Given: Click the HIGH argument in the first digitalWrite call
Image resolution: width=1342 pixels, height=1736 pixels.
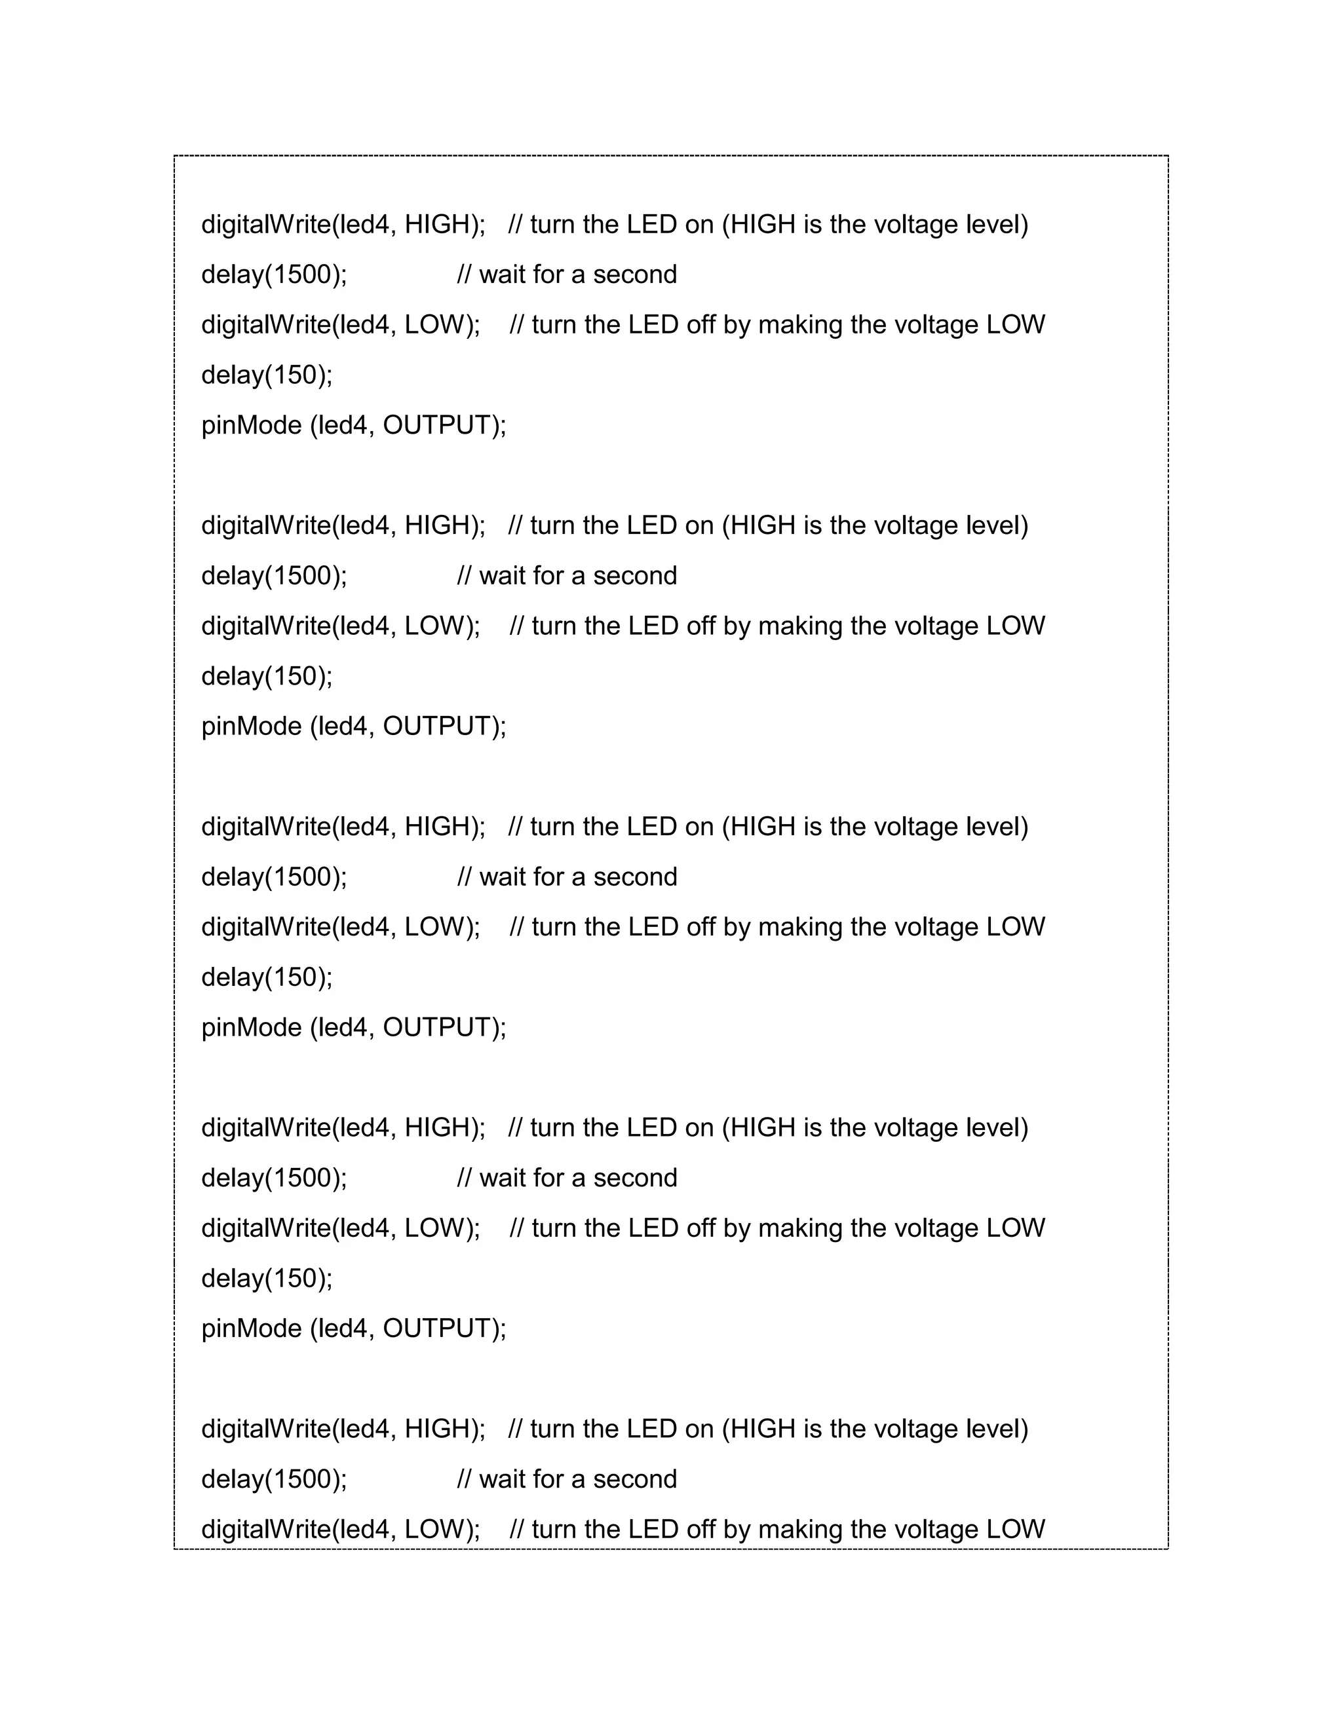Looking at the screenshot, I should pos(437,224).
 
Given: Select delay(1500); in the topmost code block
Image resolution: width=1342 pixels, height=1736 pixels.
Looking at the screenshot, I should pos(275,274).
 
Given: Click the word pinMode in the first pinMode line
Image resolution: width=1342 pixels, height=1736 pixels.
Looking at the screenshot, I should pos(251,425).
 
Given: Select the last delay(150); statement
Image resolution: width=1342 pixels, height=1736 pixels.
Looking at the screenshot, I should pos(267,1278).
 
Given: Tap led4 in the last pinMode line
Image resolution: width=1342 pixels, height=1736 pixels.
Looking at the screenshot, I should pos(343,1329).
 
